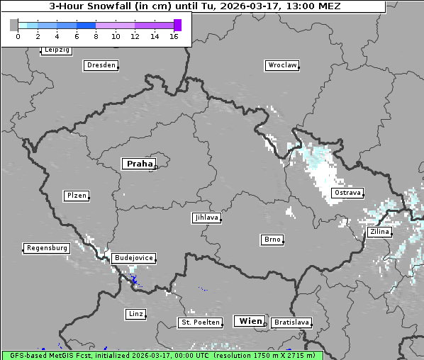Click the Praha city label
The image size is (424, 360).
139,164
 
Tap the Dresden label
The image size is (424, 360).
101,65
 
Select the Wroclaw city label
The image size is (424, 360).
281,65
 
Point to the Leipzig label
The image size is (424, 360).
56,50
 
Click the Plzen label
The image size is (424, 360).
76,196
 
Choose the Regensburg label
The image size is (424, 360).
47,248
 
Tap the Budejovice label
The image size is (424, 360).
133,258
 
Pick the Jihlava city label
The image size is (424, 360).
206,218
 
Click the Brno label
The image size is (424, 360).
272,240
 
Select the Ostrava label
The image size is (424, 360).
347,193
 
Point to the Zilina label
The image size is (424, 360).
379,232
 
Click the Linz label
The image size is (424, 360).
135,313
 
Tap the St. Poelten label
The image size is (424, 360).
201,322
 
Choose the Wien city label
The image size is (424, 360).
250,321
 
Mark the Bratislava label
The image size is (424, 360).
291,322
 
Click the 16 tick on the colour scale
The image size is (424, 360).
174,35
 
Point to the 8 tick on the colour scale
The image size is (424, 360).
96,35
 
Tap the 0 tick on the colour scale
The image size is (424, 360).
18,35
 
